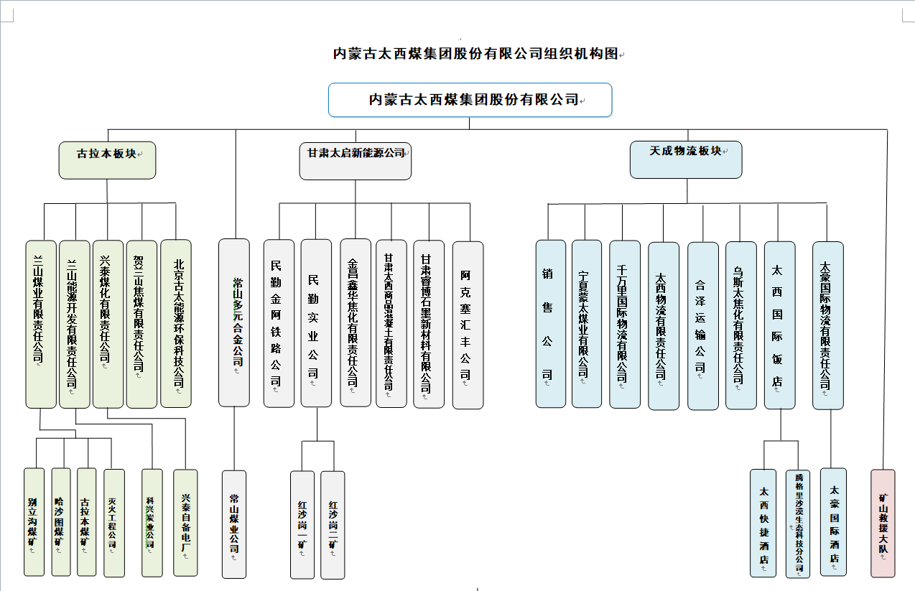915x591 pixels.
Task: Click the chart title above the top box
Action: click(475, 54)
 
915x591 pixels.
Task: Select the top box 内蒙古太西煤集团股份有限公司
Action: click(470, 100)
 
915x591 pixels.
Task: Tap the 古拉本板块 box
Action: click(107, 159)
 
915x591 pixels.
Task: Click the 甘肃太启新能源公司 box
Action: click(356, 160)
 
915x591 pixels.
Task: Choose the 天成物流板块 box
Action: click(686, 159)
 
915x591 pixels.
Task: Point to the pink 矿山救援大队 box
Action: click(883, 523)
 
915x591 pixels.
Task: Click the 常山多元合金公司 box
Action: click(234, 322)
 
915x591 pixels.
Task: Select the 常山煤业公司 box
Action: click(234, 524)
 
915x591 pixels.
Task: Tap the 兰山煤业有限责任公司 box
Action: click(40, 323)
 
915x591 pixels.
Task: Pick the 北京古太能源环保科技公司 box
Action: click(176, 323)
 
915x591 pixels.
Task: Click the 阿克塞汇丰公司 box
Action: click(468, 325)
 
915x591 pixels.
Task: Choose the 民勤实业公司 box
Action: click(316, 323)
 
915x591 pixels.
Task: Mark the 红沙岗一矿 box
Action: click(302, 524)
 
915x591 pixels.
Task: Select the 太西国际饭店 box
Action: click(780, 325)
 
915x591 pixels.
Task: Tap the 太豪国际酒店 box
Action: click(834, 522)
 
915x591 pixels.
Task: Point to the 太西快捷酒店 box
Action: click(763, 523)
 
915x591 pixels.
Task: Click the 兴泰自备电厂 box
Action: click(185, 523)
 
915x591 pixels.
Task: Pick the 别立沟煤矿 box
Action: click(34, 522)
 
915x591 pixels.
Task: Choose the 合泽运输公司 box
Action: click(702, 325)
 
